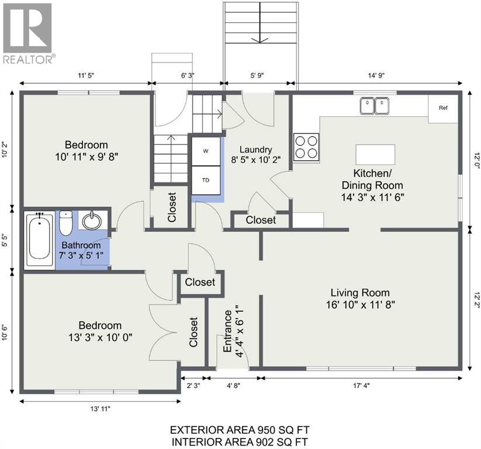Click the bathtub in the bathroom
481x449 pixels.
coord(40,239)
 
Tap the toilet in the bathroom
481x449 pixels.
coord(65,222)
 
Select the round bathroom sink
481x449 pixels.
coord(92,221)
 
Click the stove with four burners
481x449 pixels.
coord(306,147)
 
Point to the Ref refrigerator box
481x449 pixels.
coord(442,108)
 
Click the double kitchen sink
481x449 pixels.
coord(375,105)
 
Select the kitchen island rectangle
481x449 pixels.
coord(375,155)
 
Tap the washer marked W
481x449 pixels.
coord(206,151)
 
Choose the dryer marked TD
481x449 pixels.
coord(206,180)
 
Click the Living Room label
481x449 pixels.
coord(360,292)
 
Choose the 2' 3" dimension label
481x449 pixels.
coord(193,385)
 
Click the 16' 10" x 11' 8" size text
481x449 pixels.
coord(360,304)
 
